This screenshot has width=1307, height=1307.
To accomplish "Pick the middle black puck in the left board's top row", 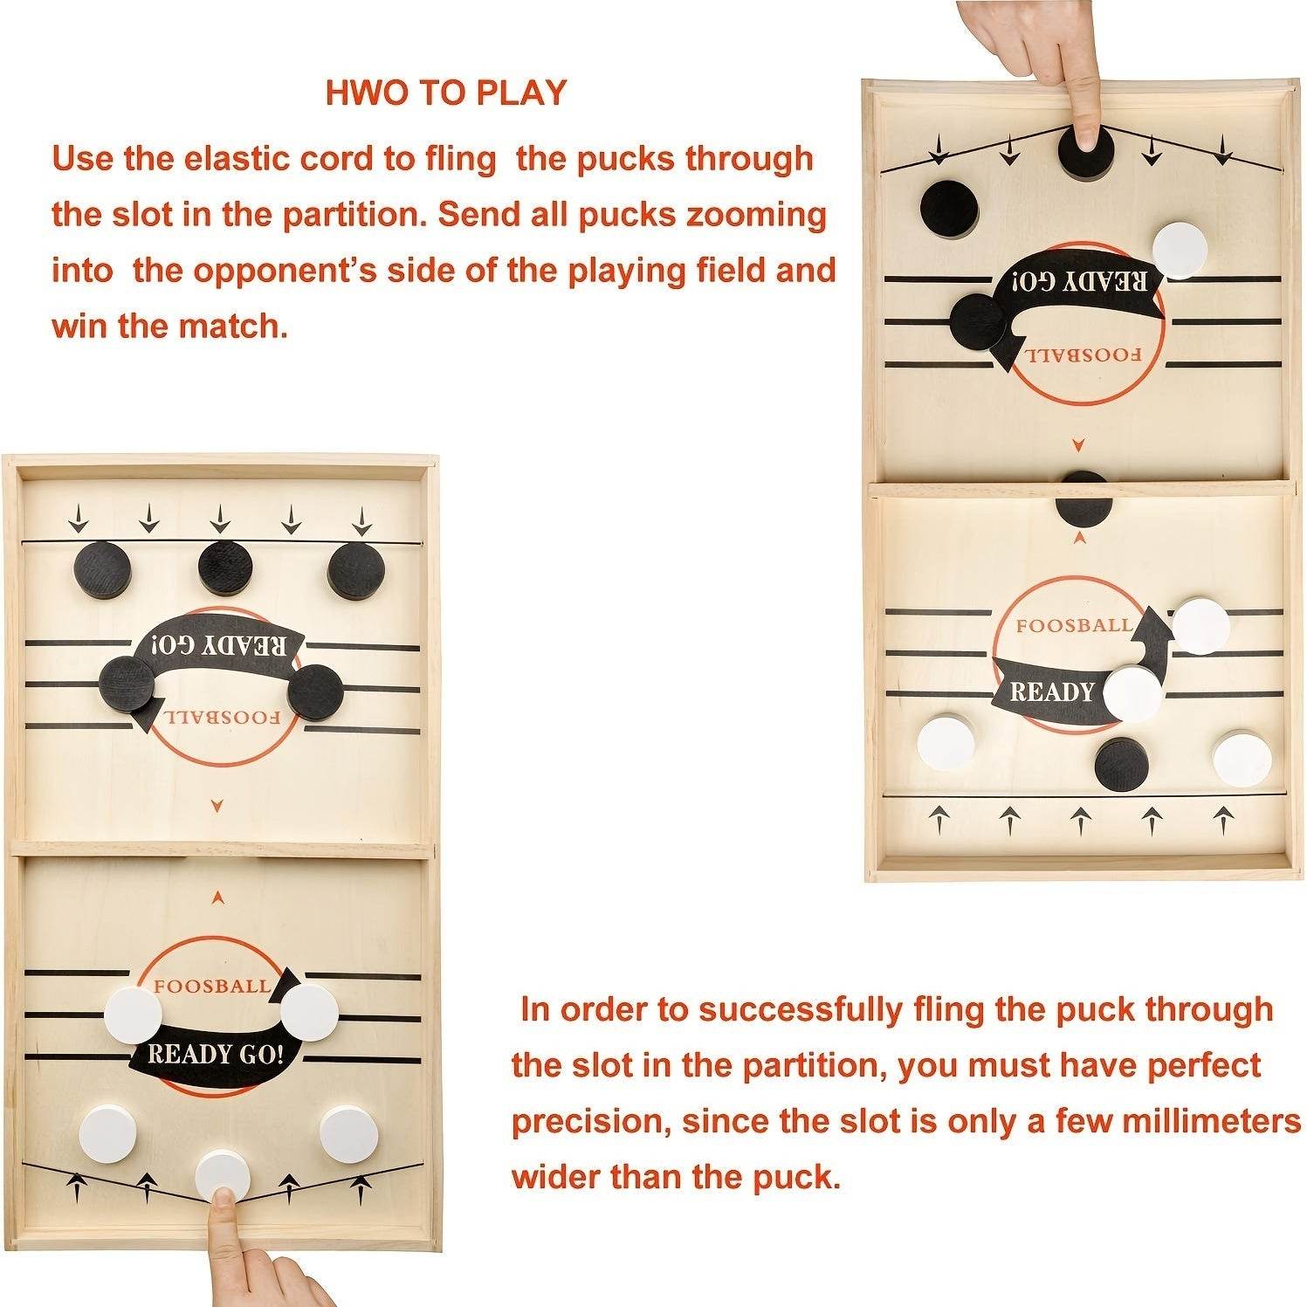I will [225, 568].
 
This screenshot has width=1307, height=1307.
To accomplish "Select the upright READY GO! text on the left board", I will [215, 1055].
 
